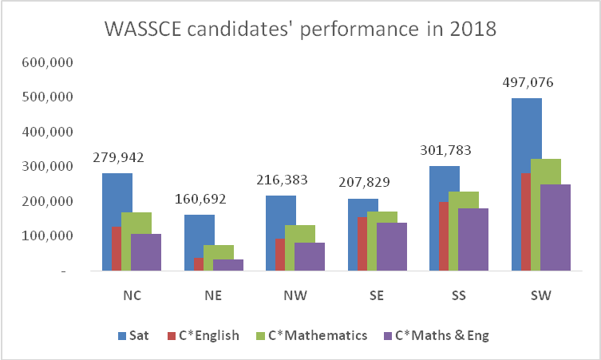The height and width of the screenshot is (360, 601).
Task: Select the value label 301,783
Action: point(445,151)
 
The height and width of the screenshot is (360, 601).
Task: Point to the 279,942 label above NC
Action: point(118,158)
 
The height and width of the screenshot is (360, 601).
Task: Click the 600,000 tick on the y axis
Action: point(51,62)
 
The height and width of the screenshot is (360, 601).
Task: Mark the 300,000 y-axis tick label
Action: point(51,167)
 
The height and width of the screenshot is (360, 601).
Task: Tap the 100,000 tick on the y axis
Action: point(51,236)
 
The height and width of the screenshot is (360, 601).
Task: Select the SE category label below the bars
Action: point(377,295)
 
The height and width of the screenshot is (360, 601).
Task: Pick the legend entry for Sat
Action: point(132,335)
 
